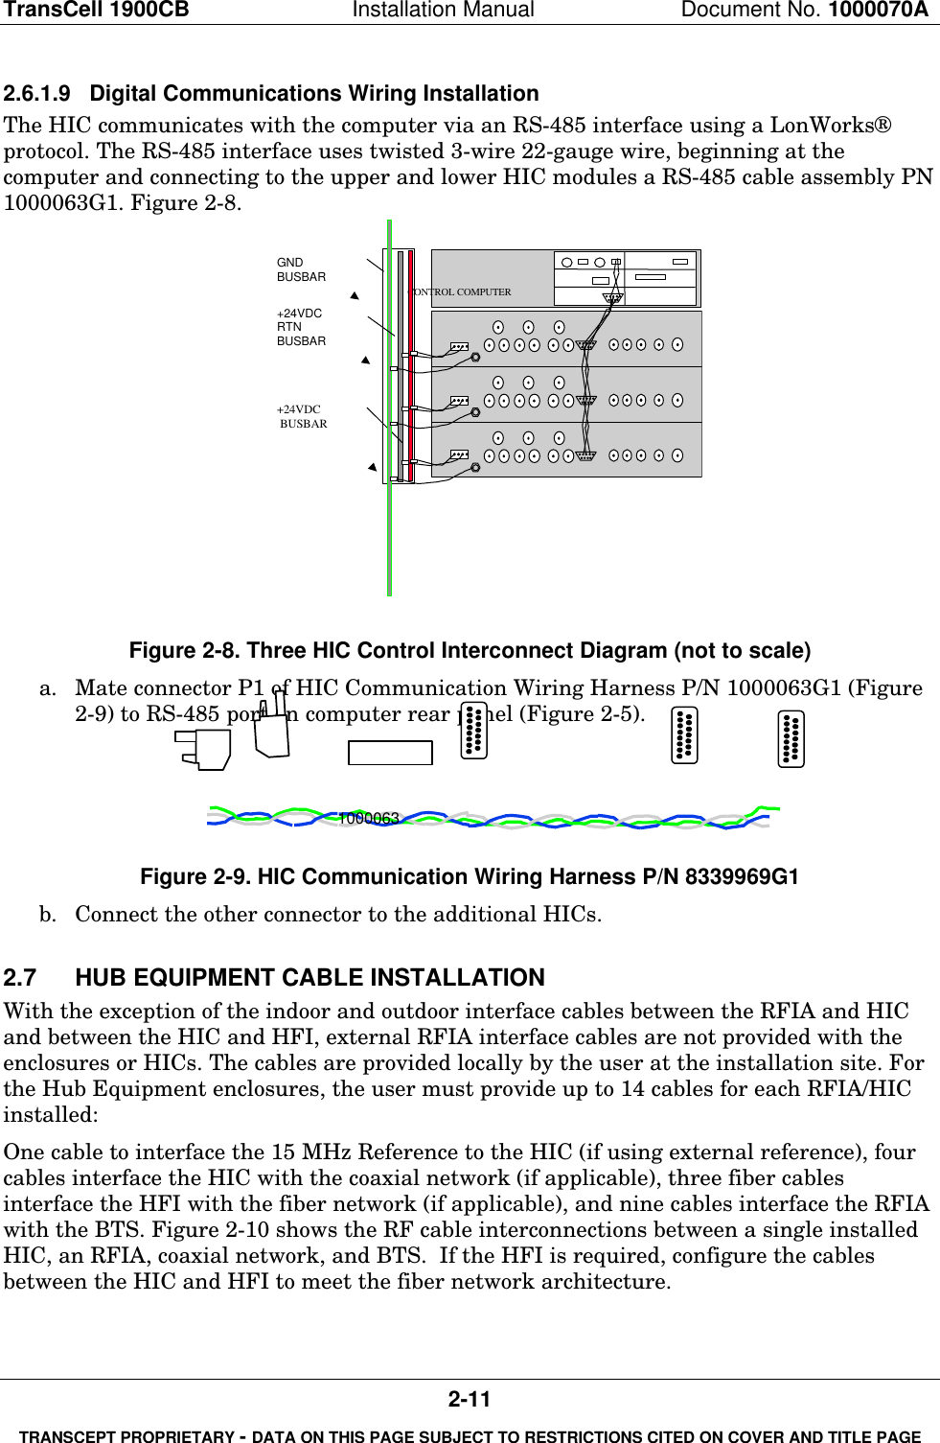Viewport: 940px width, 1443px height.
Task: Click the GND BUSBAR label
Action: coord(301,269)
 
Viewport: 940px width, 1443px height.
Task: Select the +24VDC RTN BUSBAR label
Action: coord(301,327)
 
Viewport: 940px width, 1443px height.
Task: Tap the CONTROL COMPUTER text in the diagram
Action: coord(462,291)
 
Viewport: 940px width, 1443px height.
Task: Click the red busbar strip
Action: coord(411,364)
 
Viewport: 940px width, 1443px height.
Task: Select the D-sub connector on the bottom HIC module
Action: coord(586,455)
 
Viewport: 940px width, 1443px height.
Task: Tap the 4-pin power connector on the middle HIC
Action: coord(459,401)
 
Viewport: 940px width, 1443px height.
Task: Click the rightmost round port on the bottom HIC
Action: coord(677,455)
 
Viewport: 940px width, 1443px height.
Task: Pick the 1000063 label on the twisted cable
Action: coord(369,818)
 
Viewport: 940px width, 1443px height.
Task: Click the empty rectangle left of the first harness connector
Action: coord(390,753)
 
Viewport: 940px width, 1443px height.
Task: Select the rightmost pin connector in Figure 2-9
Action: coord(791,739)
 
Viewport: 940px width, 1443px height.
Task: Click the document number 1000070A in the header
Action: coord(878,11)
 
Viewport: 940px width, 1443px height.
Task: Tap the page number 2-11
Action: coord(470,1399)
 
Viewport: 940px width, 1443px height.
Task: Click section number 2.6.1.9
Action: coord(37,94)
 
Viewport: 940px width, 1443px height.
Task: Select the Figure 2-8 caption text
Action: coord(470,651)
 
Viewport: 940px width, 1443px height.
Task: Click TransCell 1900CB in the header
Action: coord(97,11)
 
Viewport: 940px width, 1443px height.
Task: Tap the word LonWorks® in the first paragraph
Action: coord(831,126)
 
